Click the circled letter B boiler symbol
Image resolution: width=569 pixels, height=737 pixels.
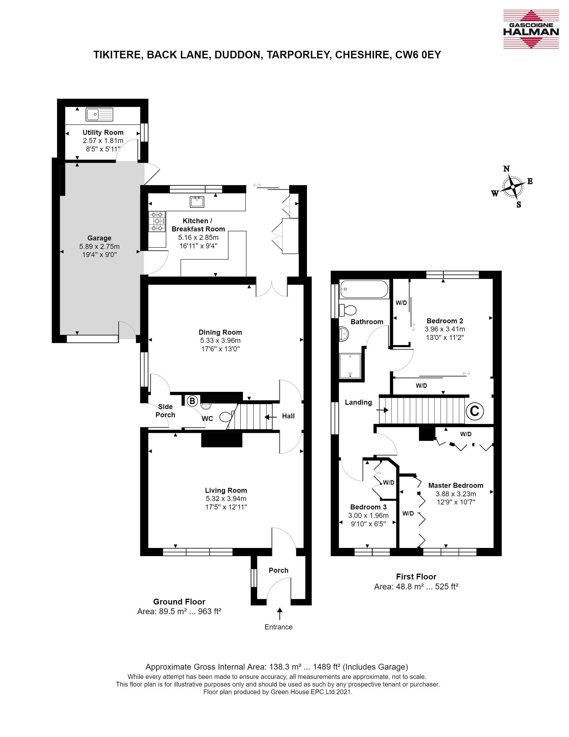(x=192, y=401)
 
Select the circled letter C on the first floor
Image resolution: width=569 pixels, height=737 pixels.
(x=474, y=411)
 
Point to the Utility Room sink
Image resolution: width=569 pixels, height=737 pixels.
(x=100, y=114)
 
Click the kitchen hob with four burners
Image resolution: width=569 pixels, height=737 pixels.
(x=157, y=221)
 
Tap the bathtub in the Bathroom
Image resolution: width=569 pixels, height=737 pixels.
(x=364, y=289)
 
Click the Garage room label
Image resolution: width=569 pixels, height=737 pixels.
(x=99, y=238)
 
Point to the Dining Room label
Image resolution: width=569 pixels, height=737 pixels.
(x=220, y=332)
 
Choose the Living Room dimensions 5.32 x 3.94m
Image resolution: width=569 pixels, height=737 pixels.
(x=226, y=499)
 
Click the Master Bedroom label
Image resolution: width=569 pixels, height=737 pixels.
(x=455, y=485)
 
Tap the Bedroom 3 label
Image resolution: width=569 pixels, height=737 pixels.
(x=368, y=507)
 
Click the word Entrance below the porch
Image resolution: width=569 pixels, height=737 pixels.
(x=278, y=627)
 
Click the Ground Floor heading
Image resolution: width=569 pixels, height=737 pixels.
(x=179, y=602)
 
